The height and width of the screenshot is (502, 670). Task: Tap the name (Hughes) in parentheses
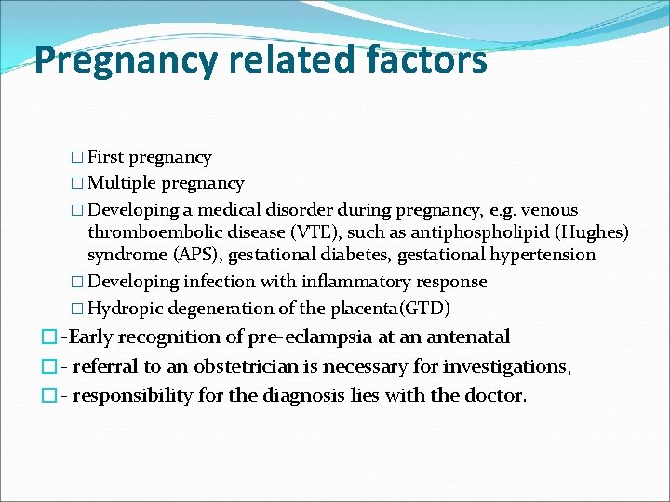tap(596, 231)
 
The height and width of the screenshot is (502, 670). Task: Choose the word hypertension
tap(544, 254)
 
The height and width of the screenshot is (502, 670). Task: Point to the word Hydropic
tap(126, 308)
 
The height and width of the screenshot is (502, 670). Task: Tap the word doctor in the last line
tap(498, 395)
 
